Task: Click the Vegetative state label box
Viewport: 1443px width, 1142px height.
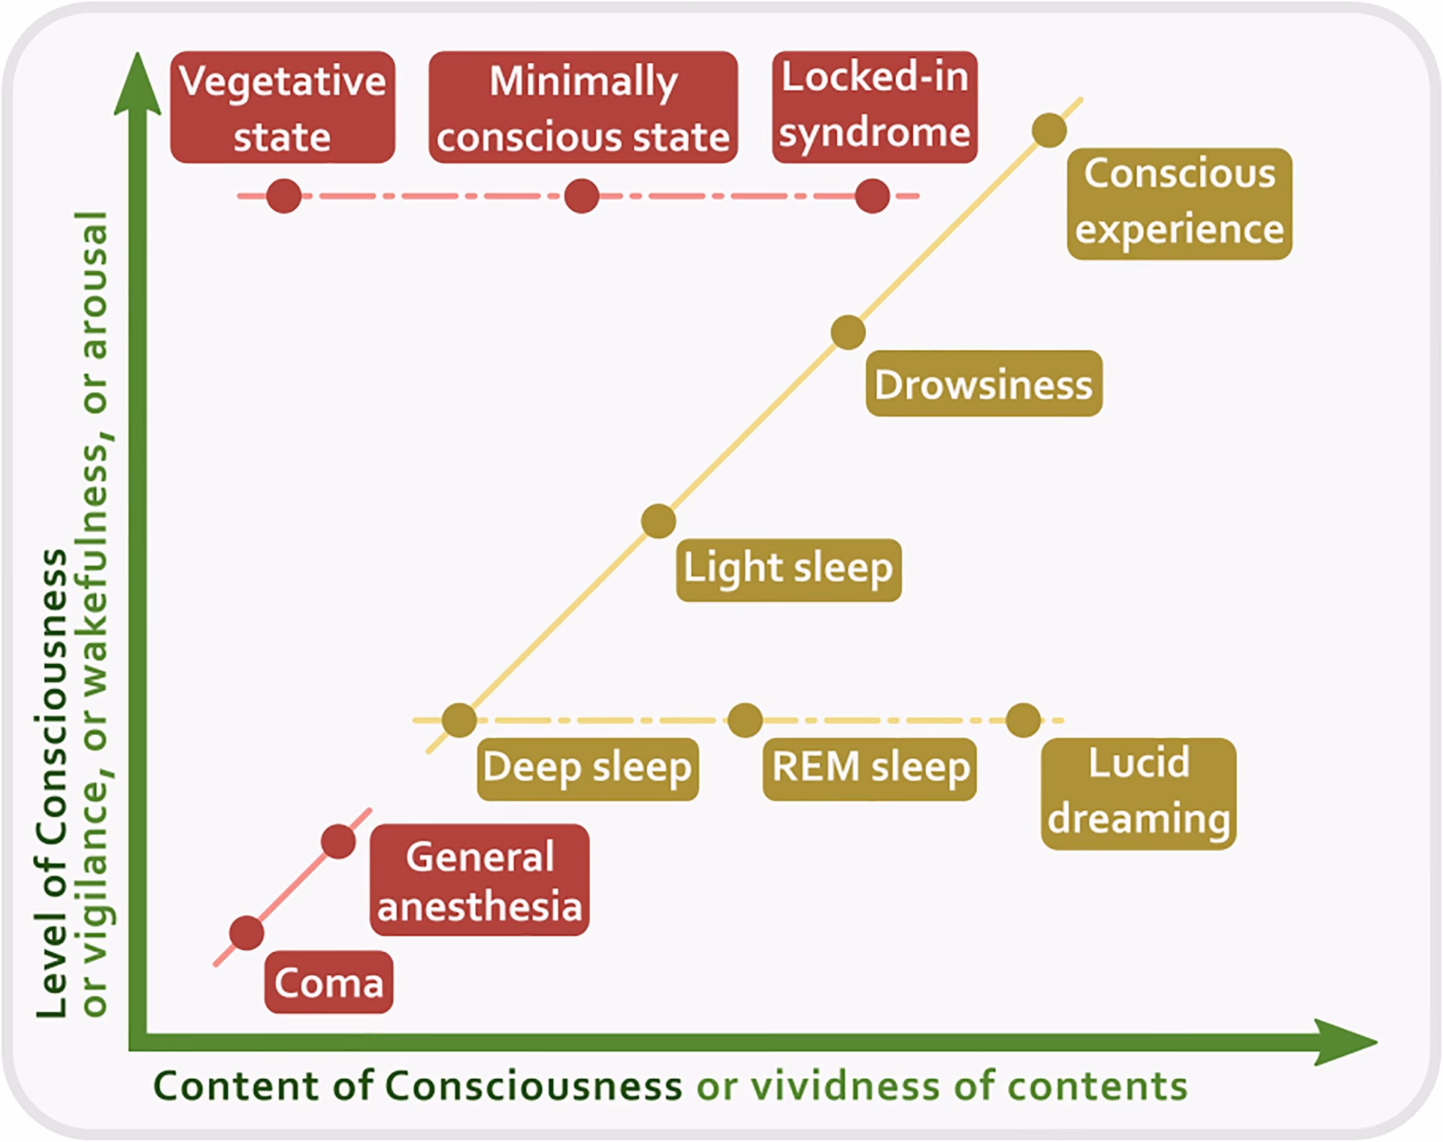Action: point(283,107)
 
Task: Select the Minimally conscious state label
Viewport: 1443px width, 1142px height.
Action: point(582,107)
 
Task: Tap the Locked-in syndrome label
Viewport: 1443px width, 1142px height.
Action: point(875,106)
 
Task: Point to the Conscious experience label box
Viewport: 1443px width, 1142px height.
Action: point(1179,203)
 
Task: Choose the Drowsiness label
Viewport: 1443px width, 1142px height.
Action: point(984,384)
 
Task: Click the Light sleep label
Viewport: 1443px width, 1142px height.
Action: point(788,569)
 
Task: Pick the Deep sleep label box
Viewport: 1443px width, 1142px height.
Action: point(588,769)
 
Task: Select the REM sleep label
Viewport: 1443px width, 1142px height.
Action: point(870,769)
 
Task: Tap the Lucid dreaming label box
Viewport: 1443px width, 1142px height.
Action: point(1138,793)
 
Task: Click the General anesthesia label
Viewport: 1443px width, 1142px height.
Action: point(479,880)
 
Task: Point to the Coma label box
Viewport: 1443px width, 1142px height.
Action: point(328,982)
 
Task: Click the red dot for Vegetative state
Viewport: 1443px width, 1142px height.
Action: point(283,196)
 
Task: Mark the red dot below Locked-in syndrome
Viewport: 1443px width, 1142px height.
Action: point(873,196)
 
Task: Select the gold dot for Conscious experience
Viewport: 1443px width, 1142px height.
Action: point(1049,130)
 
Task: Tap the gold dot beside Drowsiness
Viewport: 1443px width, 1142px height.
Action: point(849,332)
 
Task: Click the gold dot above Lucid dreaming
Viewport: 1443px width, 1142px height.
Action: point(1023,720)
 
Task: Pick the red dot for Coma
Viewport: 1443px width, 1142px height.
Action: point(247,933)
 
